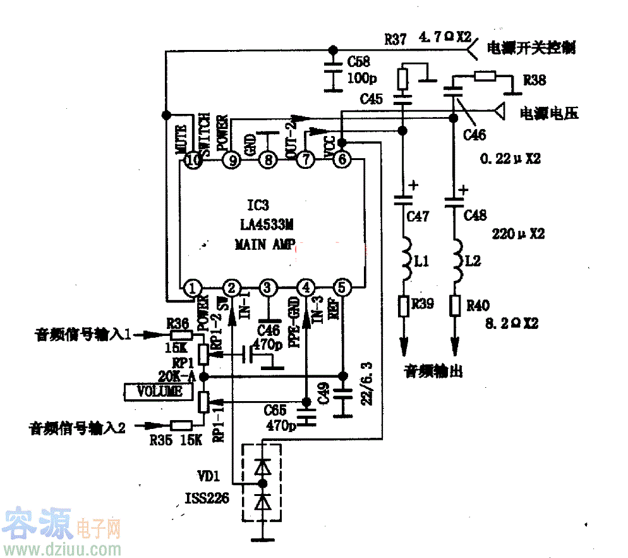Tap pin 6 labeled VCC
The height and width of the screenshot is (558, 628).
[x=342, y=161]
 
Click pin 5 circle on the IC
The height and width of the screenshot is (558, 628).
[x=342, y=289]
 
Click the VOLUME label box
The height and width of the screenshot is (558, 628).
[x=160, y=392]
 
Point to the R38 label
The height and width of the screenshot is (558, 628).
[x=535, y=80]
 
